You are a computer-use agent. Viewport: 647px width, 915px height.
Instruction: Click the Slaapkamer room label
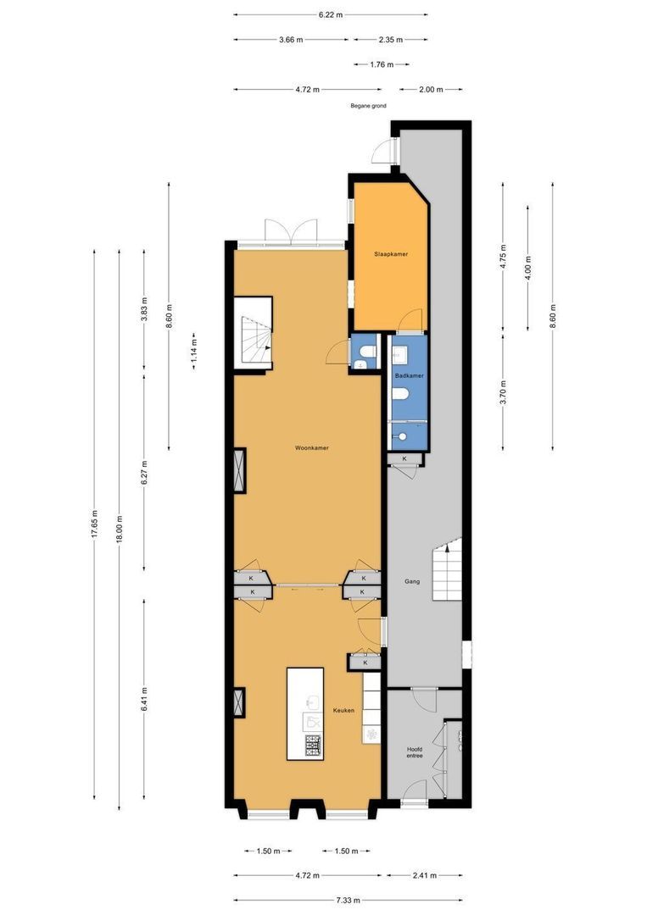(x=391, y=254)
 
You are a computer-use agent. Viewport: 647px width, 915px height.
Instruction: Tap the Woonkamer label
(x=311, y=448)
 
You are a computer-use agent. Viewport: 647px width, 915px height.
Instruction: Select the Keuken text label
(x=343, y=710)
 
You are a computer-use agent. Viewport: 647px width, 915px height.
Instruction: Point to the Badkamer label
(x=409, y=376)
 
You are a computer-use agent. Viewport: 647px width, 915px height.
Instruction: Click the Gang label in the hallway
(x=412, y=582)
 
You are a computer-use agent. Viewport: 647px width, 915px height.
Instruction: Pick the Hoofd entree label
(x=415, y=752)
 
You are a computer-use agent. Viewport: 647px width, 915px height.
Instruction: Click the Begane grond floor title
(x=368, y=106)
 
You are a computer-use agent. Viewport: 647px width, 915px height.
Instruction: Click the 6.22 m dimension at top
(x=331, y=15)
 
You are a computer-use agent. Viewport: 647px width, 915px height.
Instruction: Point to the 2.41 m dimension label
(x=425, y=875)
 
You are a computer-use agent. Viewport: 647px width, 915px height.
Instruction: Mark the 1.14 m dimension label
(x=194, y=352)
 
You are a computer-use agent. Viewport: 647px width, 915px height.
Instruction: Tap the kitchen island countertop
(x=304, y=713)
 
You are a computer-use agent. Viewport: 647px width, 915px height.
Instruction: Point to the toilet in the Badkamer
(x=400, y=396)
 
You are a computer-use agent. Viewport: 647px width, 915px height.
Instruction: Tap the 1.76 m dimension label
(x=382, y=64)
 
